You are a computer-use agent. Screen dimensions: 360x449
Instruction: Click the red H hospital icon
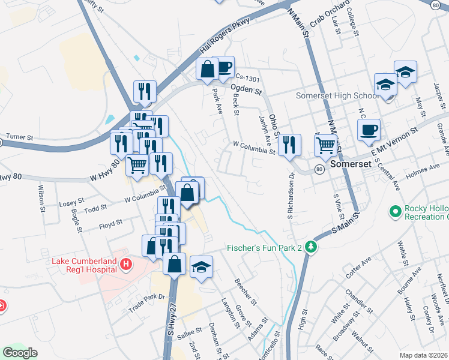tap(126, 264)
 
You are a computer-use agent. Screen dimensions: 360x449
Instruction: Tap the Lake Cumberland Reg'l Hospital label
tap(85, 265)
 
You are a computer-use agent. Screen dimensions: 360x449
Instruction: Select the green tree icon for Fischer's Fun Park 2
tap(310, 247)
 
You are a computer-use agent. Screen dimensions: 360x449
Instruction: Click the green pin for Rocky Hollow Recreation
tap(395, 211)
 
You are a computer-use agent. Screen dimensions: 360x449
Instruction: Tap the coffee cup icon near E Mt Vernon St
tap(369, 129)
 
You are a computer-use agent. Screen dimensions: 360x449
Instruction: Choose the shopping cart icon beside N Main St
tap(325, 145)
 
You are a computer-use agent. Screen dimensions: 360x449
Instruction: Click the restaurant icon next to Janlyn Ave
tap(290, 144)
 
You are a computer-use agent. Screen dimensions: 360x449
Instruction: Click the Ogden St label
tap(247, 91)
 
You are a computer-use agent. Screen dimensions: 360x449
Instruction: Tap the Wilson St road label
tap(42, 199)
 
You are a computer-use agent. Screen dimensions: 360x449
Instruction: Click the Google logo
tap(19, 353)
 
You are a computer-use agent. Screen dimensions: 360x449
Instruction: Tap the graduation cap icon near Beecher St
tap(202, 267)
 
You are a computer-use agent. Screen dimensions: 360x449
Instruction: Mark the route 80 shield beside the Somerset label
tap(319, 170)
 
